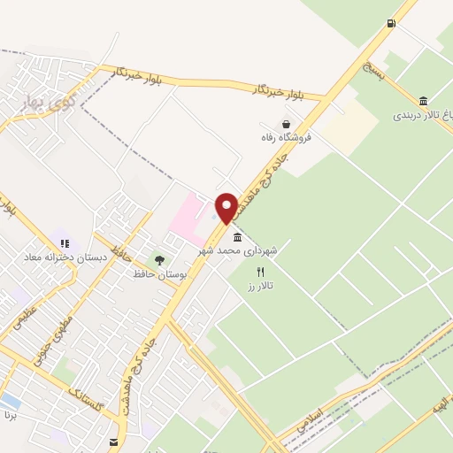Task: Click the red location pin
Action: click(226, 208)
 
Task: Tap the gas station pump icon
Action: click(391, 24)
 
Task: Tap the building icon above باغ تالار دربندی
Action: click(424, 100)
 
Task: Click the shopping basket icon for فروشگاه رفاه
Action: click(285, 124)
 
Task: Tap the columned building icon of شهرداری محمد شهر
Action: click(236, 237)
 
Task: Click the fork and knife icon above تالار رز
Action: click(260, 272)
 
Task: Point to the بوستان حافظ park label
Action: click(157, 274)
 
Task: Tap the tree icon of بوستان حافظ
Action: click(159, 260)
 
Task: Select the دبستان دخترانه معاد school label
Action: click(65, 257)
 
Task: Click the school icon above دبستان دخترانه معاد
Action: click(63, 242)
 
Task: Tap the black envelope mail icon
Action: click(114, 441)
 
